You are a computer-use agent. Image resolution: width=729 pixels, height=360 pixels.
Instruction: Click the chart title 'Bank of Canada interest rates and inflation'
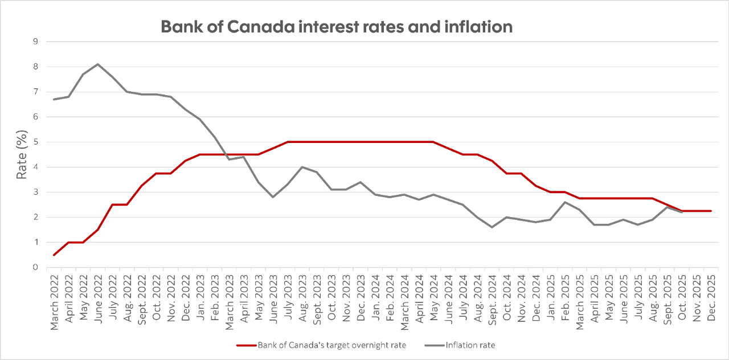pos(337,27)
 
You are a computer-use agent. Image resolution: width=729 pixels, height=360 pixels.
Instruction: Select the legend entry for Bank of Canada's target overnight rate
pos(321,345)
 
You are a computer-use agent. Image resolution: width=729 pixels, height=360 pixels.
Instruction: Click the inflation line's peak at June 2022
pos(98,64)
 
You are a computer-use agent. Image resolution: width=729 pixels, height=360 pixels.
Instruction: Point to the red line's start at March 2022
pos(54,255)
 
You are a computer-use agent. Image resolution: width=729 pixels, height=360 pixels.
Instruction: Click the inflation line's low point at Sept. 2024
pos(492,227)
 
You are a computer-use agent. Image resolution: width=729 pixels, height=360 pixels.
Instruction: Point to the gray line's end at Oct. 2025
pos(681,212)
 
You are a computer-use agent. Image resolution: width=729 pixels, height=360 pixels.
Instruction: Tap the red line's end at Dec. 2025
pos(711,211)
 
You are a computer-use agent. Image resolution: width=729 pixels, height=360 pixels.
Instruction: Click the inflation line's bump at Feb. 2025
pos(564,202)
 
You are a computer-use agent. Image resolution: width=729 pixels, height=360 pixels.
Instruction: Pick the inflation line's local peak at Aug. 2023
pos(302,167)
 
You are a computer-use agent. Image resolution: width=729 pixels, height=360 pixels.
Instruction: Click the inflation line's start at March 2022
pos(54,99)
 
